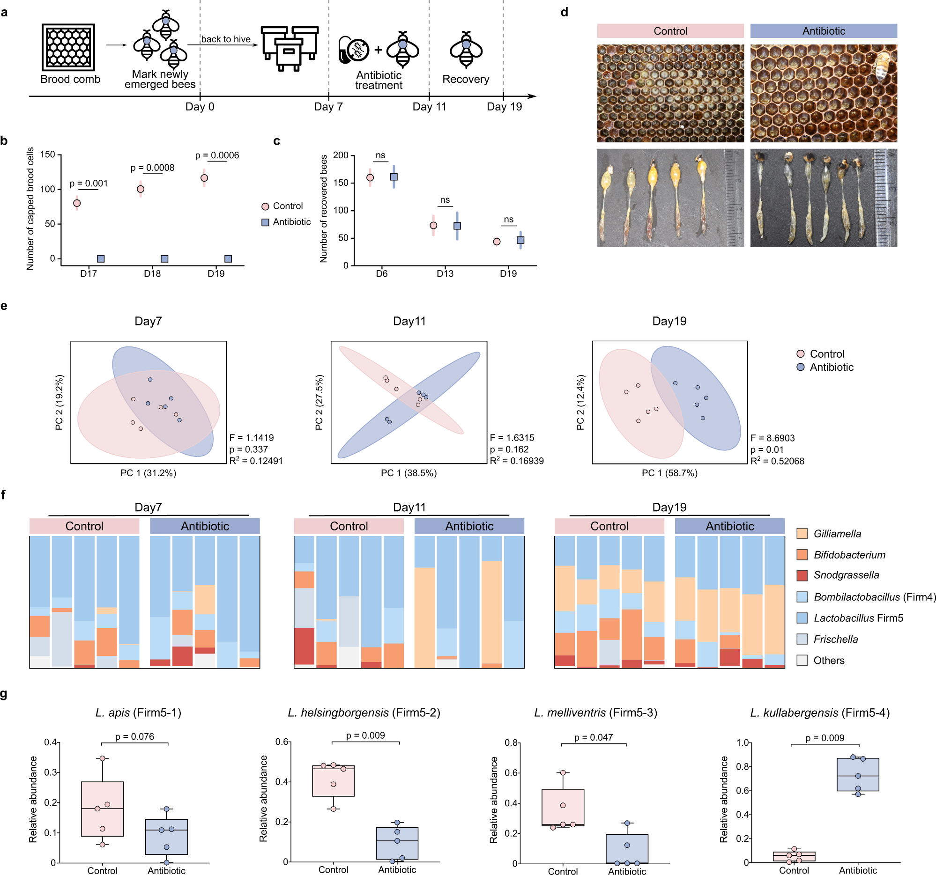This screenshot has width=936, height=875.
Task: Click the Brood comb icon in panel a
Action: [x=68, y=47]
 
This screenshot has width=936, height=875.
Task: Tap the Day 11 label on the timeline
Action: [x=429, y=107]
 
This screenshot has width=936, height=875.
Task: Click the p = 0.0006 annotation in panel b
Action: [x=217, y=155]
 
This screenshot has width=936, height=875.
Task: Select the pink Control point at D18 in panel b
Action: [x=140, y=189]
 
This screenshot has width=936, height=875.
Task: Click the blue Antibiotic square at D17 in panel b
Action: [x=101, y=259]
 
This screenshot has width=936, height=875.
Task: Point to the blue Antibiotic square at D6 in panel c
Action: [x=394, y=177]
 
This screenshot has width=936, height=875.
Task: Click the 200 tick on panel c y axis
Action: [x=341, y=155]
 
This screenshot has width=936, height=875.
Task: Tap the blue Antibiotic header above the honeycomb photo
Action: [x=824, y=31]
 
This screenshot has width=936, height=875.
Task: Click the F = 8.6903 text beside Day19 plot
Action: [x=772, y=438]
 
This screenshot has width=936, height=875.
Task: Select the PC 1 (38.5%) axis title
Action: [x=409, y=473]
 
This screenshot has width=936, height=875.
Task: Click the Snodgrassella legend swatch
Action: [x=802, y=575]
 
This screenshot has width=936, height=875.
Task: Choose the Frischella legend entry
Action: [x=835, y=640]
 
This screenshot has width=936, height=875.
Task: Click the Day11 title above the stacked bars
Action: [x=409, y=507]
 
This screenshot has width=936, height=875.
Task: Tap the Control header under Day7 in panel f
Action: [x=84, y=526]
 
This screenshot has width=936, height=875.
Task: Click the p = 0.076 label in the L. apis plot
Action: [x=134, y=737]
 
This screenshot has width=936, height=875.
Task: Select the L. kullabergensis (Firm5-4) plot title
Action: [x=820, y=713]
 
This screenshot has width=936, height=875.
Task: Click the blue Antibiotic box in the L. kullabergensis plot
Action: [x=858, y=774]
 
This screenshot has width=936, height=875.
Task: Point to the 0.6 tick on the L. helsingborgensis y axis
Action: [x=282, y=742]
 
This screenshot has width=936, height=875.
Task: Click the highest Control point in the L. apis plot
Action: [x=103, y=758]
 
